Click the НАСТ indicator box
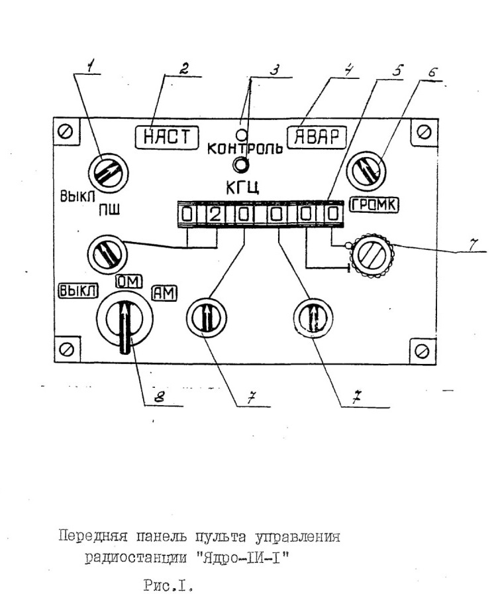click(x=167, y=137)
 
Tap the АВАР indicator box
click(x=317, y=137)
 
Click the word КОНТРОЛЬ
click(x=245, y=149)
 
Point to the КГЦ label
click(x=242, y=188)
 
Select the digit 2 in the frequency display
click(x=214, y=215)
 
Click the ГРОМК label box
click(x=374, y=204)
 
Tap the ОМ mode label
click(x=129, y=281)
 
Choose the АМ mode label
click(x=164, y=293)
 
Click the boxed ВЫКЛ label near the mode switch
click(x=78, y=290)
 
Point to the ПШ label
click(x=109, y=210)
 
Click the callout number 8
click(x=159, y=397)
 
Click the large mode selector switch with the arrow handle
click(x=124, y=319)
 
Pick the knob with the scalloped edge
click(x=373, y=256)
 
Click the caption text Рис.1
click(x=168, y=585)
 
